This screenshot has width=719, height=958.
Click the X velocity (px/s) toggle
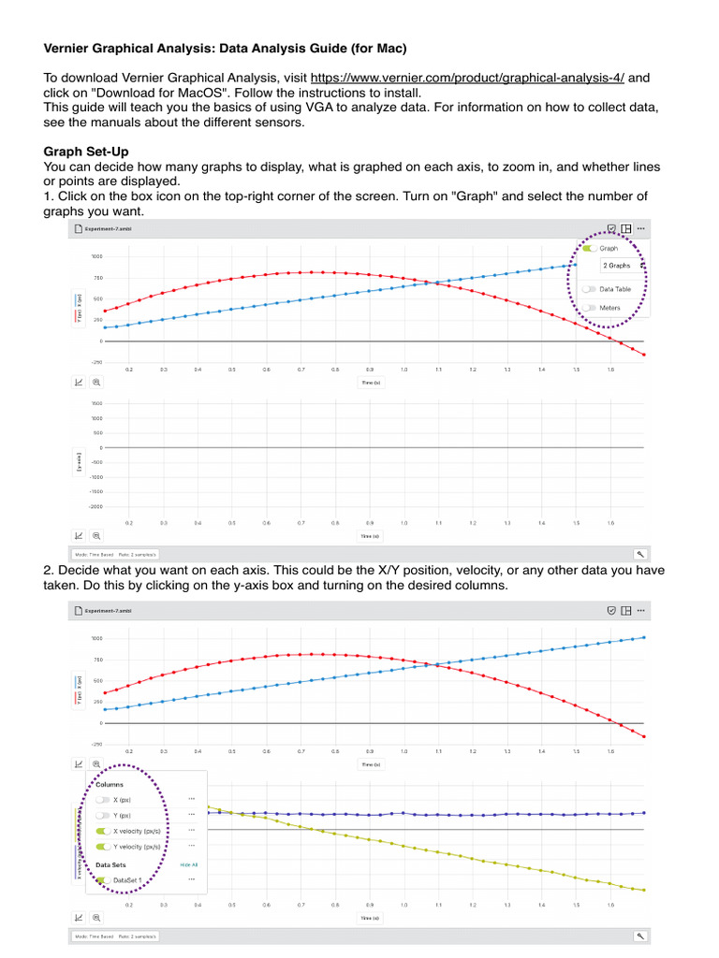(x=102, y=830)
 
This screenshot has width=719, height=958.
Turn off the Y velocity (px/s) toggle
(x=102, y=847)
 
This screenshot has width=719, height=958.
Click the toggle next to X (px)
(x=102, y=800)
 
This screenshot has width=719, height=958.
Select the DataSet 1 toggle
(x=102, y=880)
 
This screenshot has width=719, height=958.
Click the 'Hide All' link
(x=189, y=864)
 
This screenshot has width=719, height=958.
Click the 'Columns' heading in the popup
(x=109, y=785)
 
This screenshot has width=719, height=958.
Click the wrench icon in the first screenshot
(x=640, y=554)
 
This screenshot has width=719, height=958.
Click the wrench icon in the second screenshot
(x=640, y=936)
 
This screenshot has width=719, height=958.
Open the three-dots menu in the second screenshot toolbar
(x=641, y=610)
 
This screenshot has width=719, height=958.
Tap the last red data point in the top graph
(x=644, y=356)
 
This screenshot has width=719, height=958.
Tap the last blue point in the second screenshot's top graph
(x=644, y=637)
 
